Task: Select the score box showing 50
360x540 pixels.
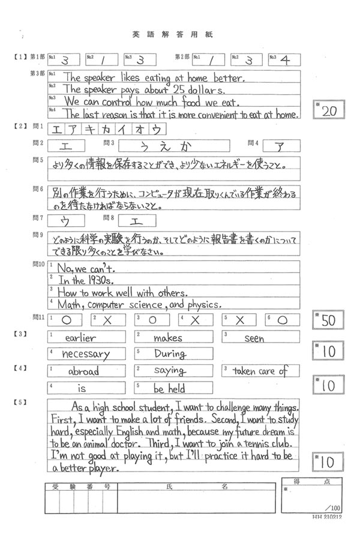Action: (329, 320)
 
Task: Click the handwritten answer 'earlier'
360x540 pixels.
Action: (80, 337)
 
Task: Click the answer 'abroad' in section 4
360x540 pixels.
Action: (83, 371)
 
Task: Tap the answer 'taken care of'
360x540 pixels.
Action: (260, 371)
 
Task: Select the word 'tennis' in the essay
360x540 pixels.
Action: (257, 445)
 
